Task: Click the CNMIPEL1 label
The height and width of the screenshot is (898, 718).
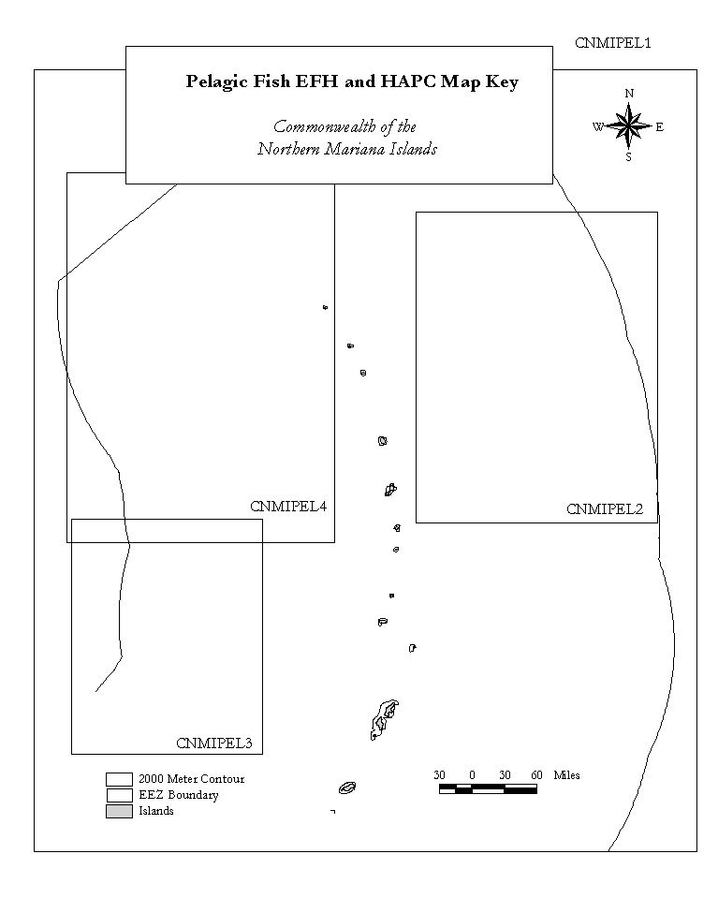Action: (612, 43)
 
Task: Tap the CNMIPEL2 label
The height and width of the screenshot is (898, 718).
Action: (605, 508)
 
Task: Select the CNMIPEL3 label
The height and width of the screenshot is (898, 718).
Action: (214, 743)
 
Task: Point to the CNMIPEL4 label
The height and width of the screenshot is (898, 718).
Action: (288, 507)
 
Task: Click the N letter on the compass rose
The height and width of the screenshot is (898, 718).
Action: (629, 94)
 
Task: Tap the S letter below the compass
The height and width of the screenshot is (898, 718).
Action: (628, 157)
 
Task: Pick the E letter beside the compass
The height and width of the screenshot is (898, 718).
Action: (660, 127)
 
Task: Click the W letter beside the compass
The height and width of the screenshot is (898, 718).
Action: (598, 127)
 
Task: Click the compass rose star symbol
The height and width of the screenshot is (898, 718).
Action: (629, 125)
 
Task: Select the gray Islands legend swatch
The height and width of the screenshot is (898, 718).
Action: (119, 811)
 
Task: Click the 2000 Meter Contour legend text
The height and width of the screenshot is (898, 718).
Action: (191, 779)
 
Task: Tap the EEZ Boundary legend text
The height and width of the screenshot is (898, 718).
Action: (179, 795)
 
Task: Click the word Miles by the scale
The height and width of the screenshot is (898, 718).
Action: (567, 775)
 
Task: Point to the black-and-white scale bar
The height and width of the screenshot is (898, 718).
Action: (489, 789)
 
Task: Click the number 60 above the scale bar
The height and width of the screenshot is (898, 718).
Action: (536, 775)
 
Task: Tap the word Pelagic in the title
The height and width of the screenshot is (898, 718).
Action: (217, 82)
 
